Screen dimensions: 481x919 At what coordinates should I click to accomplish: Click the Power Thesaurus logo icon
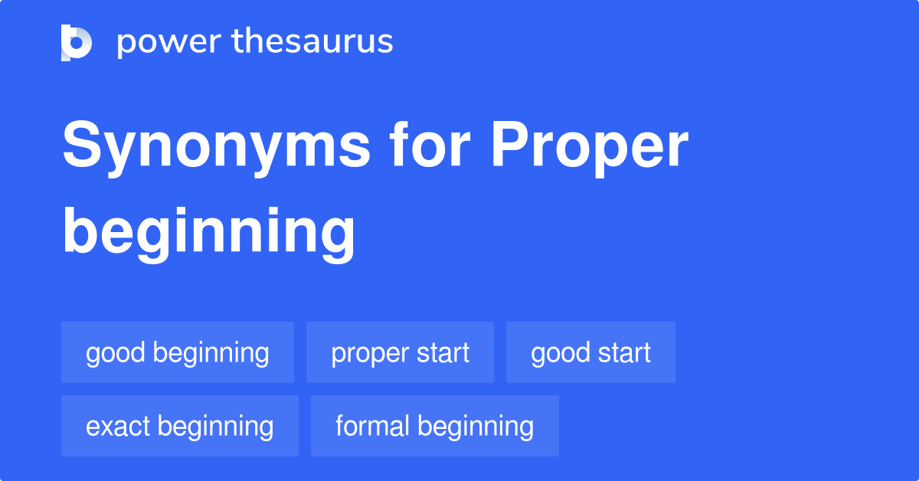tap(77, 42)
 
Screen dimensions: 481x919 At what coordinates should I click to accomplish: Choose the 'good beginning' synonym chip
tap(178, 353)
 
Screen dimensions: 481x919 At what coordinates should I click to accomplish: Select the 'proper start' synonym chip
tap(400, 353)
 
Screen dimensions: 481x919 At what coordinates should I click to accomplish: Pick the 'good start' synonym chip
tap(590, 353)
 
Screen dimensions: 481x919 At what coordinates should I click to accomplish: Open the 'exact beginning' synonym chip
tap(180, 426)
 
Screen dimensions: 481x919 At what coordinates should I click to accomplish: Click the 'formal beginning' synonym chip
tap(434, 426)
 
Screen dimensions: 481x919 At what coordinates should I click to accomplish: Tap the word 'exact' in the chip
tap(117, 426)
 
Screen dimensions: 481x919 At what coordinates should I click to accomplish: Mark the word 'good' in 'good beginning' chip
tap(116, 353)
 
